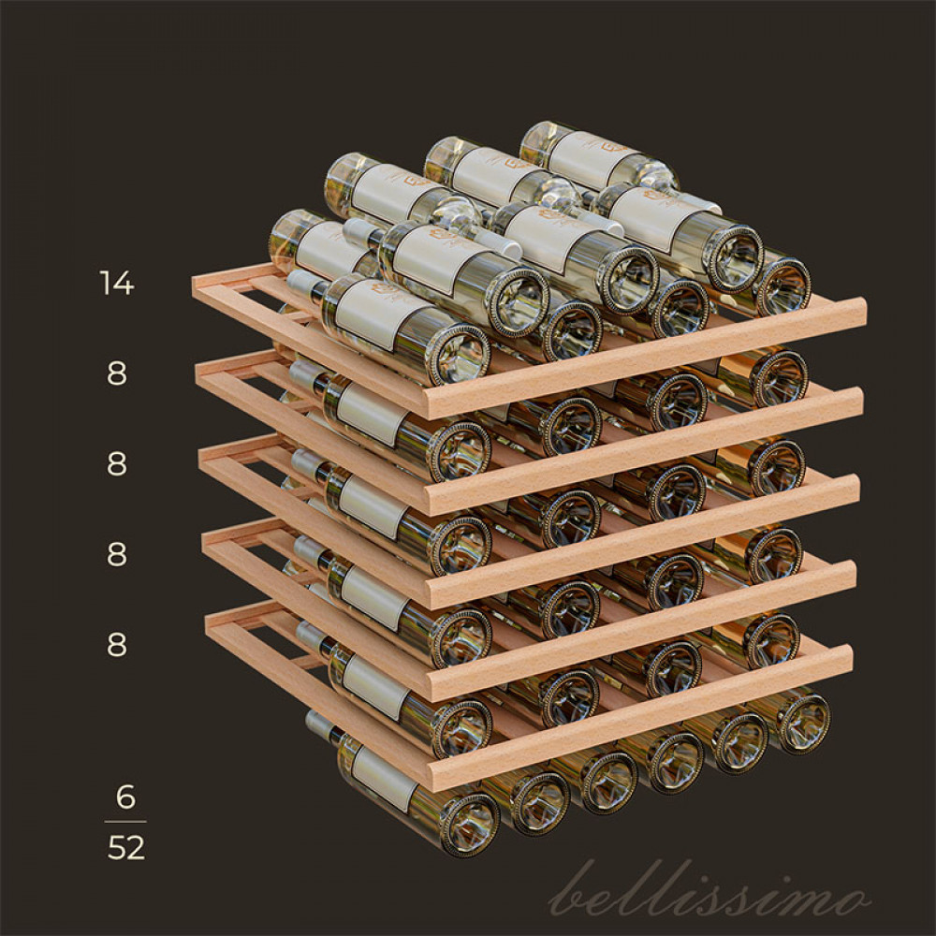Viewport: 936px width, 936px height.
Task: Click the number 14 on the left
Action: (x=116, y=283)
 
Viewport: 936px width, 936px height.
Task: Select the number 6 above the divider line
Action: (x=125, y=797)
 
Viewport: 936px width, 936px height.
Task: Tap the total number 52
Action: (x=126, y=848)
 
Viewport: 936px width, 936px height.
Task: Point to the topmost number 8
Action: (x=117, y=373)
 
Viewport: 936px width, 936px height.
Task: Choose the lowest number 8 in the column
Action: (x=117, y=645)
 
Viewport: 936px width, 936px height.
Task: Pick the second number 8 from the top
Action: (x=117, y=464)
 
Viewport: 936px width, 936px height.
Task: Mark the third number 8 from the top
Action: (x=117, y=554)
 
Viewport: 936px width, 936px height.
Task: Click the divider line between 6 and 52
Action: (x=125, y=822)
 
